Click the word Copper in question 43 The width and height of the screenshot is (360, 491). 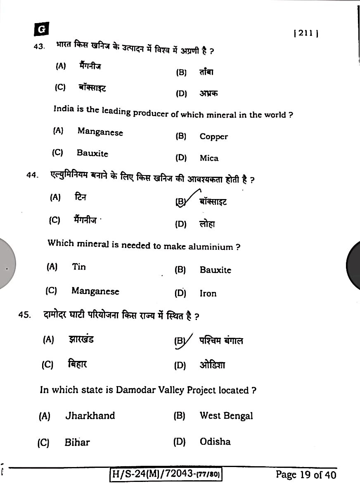pos(213,137)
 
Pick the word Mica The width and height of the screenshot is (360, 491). pos(209,158)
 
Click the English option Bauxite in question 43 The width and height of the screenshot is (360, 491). pos(92,153)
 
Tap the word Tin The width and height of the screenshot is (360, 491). pos(79,267)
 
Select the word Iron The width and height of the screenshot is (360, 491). pos(208,294)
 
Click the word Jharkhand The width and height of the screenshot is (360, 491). pos(90,415)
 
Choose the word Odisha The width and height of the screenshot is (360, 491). pos(215,441)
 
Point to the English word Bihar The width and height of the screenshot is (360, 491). pos(77,442)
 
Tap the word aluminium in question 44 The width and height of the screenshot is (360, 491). pos(211,247)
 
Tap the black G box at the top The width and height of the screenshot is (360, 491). pos(42,29)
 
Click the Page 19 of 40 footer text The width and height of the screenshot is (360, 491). pos(306,475)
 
